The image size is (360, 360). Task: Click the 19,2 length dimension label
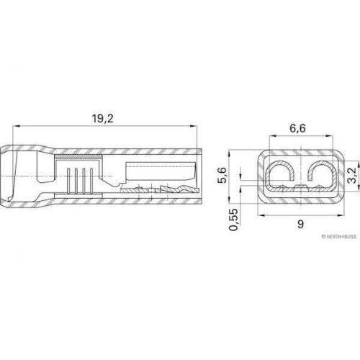[x=103, y=118]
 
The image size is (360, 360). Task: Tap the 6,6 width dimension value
[x=297, y=128]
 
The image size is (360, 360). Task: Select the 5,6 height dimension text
[x=222, y=175]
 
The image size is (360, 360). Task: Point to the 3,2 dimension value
[x=352, y=176]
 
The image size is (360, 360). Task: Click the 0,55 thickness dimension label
[x=233, y=220]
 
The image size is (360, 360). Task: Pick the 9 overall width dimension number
[x=300, y=224]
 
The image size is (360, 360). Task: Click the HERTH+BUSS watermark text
[x=339, y=237]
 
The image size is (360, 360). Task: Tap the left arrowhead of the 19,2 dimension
[x=16, y=126]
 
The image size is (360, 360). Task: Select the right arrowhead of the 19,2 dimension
[x=193, y=126]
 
